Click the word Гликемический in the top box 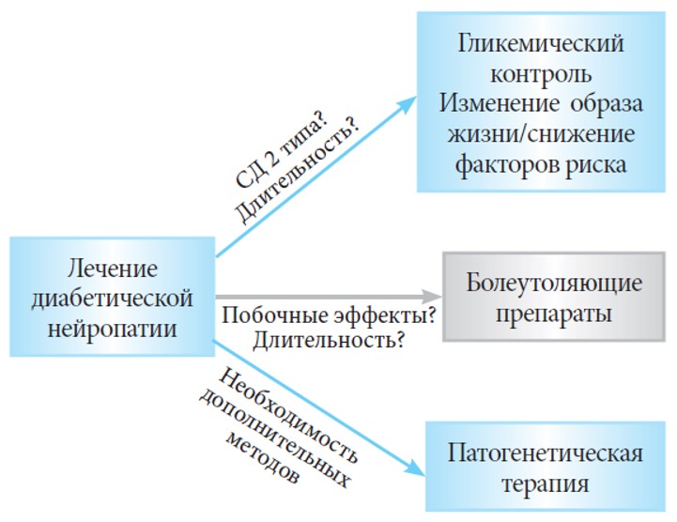tap(541, 44)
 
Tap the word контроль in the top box tap(541, 74)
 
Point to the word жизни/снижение tap(541, 134)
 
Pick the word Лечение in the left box tap(113, 269)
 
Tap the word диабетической tap(112, 299)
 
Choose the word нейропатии tap(113, 329)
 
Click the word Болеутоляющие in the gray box tap(554, 284)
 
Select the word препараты tap(553, 314)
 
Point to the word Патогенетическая tap(545, 453)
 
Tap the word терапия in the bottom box tap(545, 484)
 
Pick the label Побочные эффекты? tap(329, 315)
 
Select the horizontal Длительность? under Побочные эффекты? tap(329, 340)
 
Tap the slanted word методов tap(262, 457)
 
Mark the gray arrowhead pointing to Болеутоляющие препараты tap(431, 297)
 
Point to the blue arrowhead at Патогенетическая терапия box tap(415, 468)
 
